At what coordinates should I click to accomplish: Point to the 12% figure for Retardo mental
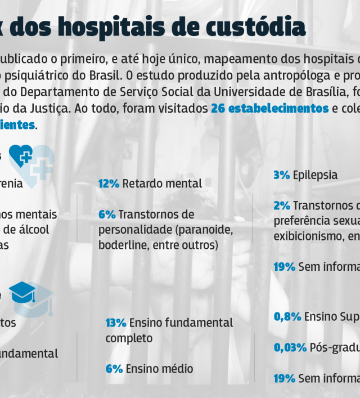pos(109,184)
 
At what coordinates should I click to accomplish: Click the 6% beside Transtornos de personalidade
pos(106,214)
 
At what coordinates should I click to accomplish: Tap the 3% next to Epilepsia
pos(281,175)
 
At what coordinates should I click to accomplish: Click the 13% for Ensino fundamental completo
pos(115,323)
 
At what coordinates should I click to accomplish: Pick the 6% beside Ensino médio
pos(114,369)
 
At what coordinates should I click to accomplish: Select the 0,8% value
pos(287,316)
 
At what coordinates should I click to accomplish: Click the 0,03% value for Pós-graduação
pos(290,347)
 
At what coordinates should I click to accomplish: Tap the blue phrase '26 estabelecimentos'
pos(269,108)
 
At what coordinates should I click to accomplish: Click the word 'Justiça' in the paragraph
pos(51,108)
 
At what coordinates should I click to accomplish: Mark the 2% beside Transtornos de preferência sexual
pos(282,205)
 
